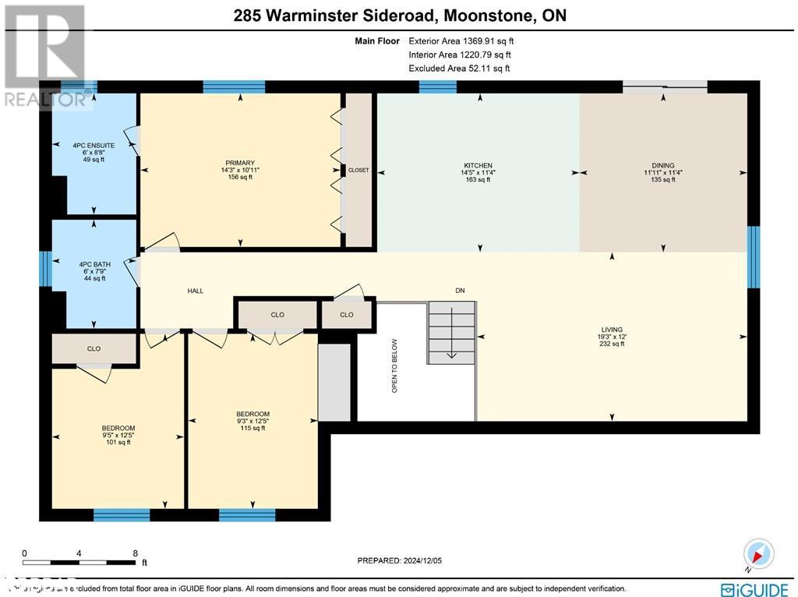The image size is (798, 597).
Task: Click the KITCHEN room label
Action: coord(478,166)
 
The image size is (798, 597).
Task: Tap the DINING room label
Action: coord(663,166)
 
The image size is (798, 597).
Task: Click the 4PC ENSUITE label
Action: coord(94,145)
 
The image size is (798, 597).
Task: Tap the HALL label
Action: coord(195,291)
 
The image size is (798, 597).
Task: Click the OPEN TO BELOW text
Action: coord(394,366)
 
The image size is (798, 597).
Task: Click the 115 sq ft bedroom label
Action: coord(252,414)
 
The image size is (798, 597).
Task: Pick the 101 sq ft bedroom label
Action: coord(118,428)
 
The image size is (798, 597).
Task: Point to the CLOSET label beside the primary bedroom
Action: coord(358,170)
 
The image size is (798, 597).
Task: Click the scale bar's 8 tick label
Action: coord(136,552)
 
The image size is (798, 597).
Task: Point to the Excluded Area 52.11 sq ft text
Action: coord(459,69)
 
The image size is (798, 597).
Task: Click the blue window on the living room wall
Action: coord(753,257)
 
